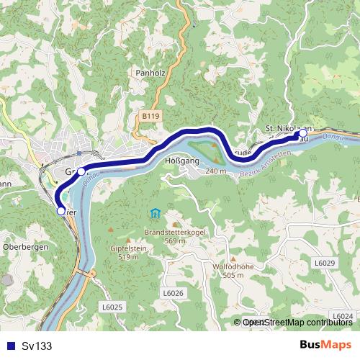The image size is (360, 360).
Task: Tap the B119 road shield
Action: pyautogui.click(x=150, y=115)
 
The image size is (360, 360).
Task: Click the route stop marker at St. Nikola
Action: pyautogui.click(x=303, y=134)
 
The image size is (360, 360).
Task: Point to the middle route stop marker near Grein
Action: pyautogui.click(x=81, y=171)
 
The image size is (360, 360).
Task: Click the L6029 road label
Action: pyautogui.click(x=325, y=264)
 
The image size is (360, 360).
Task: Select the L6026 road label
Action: pyautogui.click(x=174, y=293)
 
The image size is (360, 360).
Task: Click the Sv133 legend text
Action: pyautogui.click(x=37, y=346)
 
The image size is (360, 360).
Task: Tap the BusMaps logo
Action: pyautogui.click(x=325, y=345)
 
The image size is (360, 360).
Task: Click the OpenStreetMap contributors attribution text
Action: pyautogui.click(x=297, y=323)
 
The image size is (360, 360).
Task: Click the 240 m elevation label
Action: pyautogui.click(x=215, y=171)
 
